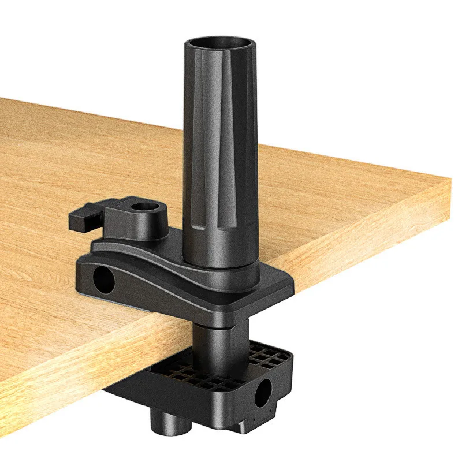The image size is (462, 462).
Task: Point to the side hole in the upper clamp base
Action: pos(103,279)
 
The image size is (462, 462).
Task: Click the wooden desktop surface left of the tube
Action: pos(87,156)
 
